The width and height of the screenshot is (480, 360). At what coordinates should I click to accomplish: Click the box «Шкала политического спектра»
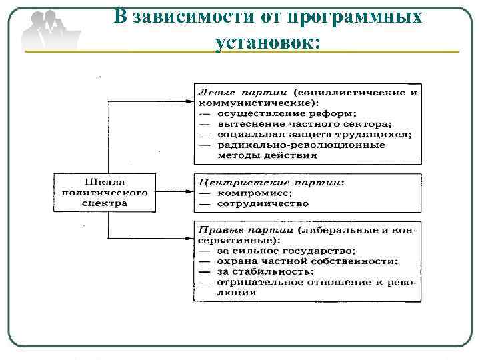106,192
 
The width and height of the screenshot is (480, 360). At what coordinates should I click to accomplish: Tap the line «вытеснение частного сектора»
304,123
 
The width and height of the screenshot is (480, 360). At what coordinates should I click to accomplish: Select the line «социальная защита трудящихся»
314,134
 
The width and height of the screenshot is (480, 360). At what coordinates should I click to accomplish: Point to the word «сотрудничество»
263,203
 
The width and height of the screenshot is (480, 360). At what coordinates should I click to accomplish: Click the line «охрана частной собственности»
307,261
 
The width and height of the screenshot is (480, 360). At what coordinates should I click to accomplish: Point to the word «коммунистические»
257,102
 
